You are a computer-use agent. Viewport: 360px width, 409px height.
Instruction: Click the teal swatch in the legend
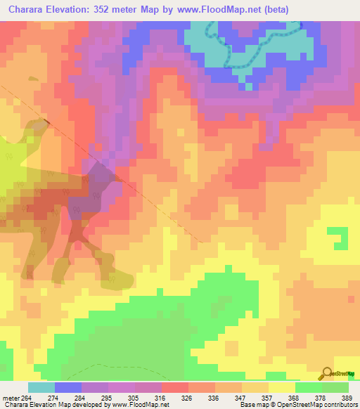[x=41, y=388]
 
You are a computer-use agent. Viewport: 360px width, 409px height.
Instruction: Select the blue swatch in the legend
[x=67, y=388]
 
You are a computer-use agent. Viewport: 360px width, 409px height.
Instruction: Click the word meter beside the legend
[x=10, y=398]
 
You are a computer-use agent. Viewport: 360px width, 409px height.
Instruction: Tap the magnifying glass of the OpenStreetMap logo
[x=326, y=373]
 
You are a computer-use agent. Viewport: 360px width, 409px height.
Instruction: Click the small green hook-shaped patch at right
[x=339, y=237]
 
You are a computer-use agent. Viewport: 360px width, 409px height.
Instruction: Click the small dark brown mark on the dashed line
[x=47, y=122]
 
